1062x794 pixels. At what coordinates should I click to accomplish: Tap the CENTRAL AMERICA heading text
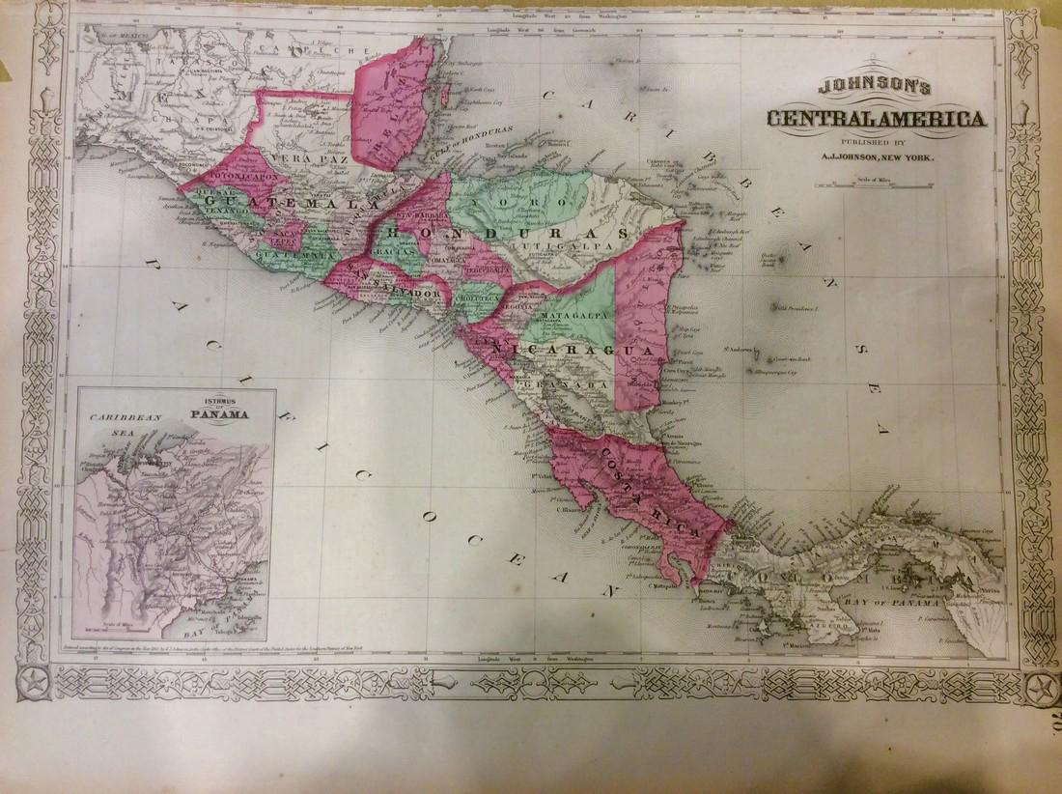point(876,119)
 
